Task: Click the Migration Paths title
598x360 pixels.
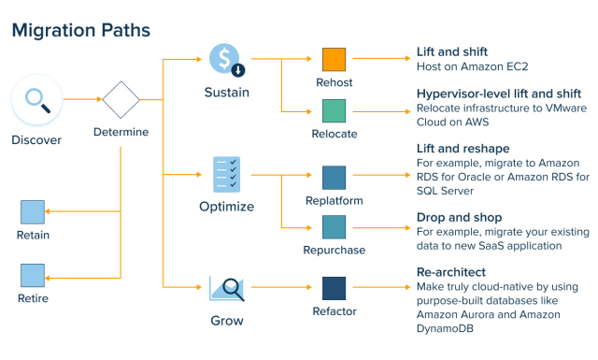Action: click(x=80, y=30)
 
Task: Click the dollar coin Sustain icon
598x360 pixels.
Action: click(x=225, y=59)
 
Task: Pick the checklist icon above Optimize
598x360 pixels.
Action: click(x=225, y=174)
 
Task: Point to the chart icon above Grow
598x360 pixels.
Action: click(x=225, y=289)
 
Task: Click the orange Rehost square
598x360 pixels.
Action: click(x=335, y=59)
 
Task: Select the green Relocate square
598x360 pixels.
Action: click(x=335, y=110)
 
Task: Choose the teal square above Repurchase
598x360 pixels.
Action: click(x=335, y=225)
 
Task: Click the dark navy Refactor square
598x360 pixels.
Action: click(x=335, y=288)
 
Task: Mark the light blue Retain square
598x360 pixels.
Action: click(x=33, y=211)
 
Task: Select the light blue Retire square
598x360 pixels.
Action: click(x=33, y=275)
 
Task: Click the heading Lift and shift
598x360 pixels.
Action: click(x=452, y=50)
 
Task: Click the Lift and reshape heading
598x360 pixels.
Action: click(x=463, y=149)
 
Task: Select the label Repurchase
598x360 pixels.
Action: click(x=335, y=250)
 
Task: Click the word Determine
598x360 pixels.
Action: click(x=121, y=132)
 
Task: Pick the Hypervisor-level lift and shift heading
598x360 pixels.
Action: click(x=499, y=94)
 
